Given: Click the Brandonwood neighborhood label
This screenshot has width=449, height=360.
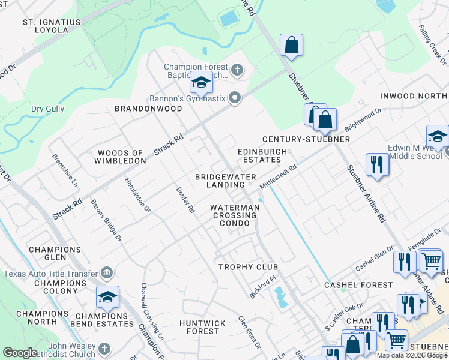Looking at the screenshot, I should click(148, 109).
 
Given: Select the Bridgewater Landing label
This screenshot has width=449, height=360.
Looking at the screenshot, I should click(226, 181).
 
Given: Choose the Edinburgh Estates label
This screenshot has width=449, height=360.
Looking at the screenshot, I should click(262, 156).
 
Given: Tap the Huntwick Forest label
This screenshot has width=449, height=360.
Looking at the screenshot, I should click(202, 327).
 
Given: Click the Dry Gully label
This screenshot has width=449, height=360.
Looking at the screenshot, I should click(47, 109).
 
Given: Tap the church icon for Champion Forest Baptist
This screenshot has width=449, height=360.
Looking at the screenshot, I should click(237, 71).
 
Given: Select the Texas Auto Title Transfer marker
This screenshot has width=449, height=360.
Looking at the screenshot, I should click(107, 273).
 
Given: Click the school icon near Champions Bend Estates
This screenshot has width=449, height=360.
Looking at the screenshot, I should click(107, 297).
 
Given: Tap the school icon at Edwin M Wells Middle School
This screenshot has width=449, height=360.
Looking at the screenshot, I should click(438, 137).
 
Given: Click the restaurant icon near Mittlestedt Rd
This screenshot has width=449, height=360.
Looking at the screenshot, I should click(377, 164).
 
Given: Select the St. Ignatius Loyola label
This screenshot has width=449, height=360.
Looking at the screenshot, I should click(52, 26).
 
